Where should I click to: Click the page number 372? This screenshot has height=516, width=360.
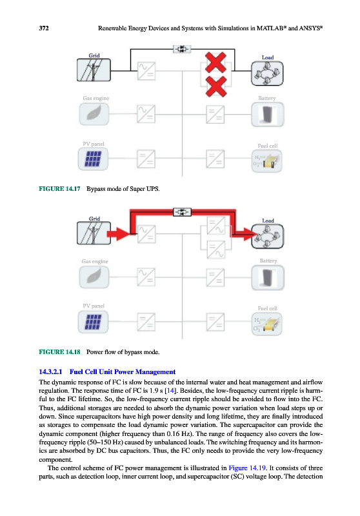click(44, 28)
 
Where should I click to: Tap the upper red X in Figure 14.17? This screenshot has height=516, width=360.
click(215, 62)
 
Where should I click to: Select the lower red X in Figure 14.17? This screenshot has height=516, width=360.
click(216, 86)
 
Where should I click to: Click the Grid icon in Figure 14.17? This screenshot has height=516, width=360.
click(94, 70)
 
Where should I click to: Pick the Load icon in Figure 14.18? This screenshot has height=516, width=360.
click(267, 236)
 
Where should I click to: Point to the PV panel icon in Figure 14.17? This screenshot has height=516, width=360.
click(93, 159)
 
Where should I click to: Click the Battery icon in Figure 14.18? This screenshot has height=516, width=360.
click(268, 278)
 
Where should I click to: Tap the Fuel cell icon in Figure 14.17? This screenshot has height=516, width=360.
click(267, 161)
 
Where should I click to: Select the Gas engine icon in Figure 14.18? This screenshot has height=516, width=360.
click(94, 277)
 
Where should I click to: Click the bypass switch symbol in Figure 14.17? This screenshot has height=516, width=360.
click(182, 49)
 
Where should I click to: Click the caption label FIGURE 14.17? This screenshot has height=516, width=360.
click(59, 189)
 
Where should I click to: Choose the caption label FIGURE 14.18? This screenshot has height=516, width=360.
click(59, 352)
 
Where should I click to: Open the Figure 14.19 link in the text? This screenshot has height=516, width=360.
click(247, 468)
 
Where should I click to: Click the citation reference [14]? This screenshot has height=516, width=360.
click(170, 391)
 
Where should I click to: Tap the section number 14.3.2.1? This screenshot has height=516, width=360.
click(50, 372)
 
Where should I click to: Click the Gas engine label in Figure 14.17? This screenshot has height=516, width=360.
click(95, 98)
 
